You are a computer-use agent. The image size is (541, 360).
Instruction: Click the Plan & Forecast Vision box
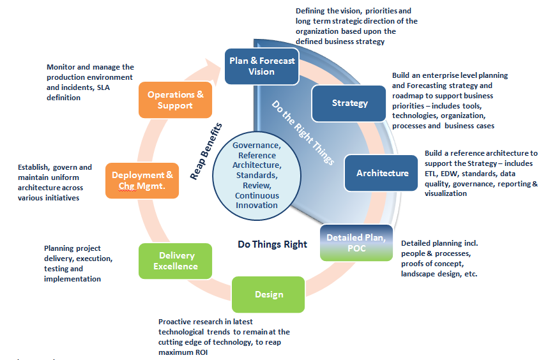[x=262, y=66]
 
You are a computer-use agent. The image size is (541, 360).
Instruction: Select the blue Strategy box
[x=349, y=103]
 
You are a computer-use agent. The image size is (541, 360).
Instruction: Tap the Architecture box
[x=381, y=173]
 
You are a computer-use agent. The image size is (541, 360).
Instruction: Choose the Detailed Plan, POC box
[x=356, y=243]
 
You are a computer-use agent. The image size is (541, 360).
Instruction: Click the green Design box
[x=268, y=294]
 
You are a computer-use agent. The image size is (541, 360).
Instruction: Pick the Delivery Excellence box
[x=175, y=261]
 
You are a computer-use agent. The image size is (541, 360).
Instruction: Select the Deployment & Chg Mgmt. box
[x=142, y=181]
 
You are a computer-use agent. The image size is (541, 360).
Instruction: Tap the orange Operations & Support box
[x=175, y=100]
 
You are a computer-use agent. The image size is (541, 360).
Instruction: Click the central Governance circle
[x=257, y=176]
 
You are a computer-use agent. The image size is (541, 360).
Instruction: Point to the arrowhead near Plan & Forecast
[x=213, y=71]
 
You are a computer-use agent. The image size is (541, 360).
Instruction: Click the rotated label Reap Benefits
[x=206, y=151]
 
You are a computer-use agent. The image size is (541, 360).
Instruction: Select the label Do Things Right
[x=272, y=244]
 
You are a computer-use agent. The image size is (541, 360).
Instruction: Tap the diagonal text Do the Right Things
[x=303, y=133]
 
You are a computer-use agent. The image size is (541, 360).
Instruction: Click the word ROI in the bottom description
[x=201, y=352]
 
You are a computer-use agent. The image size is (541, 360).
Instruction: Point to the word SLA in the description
[x=103, y=87]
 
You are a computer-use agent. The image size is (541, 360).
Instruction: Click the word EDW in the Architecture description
[x=449, y=174]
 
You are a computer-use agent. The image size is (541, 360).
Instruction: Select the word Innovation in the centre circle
[x=257, y=205]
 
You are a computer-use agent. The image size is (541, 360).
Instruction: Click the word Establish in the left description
[x=33, y=167]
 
